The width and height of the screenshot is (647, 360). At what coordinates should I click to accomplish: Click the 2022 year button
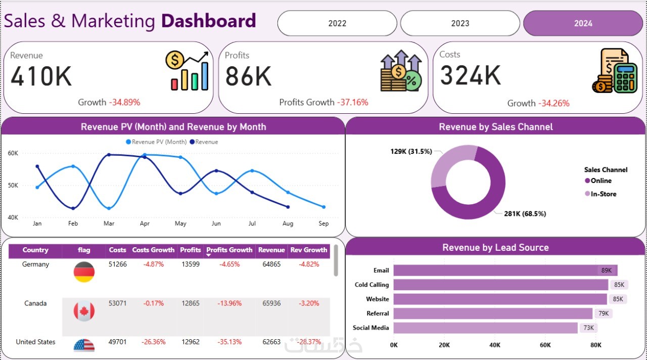(x=337, y=23)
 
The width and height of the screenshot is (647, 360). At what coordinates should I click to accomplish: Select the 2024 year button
(x=583, y=23)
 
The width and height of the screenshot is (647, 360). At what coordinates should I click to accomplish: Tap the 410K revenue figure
(x=41, y=77)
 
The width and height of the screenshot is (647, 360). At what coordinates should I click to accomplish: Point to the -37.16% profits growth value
(x=352, y=102)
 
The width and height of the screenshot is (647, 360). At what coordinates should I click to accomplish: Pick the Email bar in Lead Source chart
(x=505, y=271)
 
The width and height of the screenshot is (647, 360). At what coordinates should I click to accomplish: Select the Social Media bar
(x=485, y=328)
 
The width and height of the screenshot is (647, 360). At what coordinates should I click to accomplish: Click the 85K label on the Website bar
(x=618, y=299)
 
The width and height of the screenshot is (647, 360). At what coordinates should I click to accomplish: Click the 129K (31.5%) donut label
(x=411, y=151)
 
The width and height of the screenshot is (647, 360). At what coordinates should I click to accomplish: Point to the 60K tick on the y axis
(x=13, y=153)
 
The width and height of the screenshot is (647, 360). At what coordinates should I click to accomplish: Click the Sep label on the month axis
(x=323, y=223)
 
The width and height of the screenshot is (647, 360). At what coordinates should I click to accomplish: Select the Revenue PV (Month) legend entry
(x=156, y=142)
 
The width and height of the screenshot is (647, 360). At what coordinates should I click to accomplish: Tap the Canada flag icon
(x=84, y=311)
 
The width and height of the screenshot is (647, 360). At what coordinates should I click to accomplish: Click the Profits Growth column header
(x=229, y=250)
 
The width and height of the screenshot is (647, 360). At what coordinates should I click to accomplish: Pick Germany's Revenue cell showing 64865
(x=269, y=264)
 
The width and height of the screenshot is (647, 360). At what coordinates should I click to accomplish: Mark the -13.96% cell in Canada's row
(x=229, y=303)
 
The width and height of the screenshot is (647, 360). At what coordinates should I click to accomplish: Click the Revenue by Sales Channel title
(x=495, y=127)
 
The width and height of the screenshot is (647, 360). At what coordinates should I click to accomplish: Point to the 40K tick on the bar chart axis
(x=495, y=345)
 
